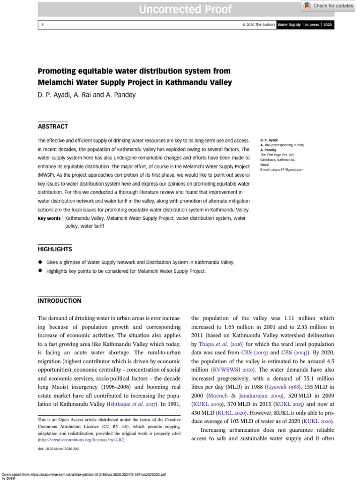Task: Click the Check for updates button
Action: [x=329, y=6]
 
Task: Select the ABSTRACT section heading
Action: [x=52, y=126]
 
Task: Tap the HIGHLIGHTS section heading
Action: [x=54, y=249]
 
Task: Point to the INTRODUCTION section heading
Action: [x=59, y=300]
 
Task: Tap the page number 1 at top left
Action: [x=42, y=25]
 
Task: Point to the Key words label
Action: [x=49, y=218]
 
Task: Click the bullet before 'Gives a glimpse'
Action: [x=41, y=262]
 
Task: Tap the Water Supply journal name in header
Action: [x=290, y=25]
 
